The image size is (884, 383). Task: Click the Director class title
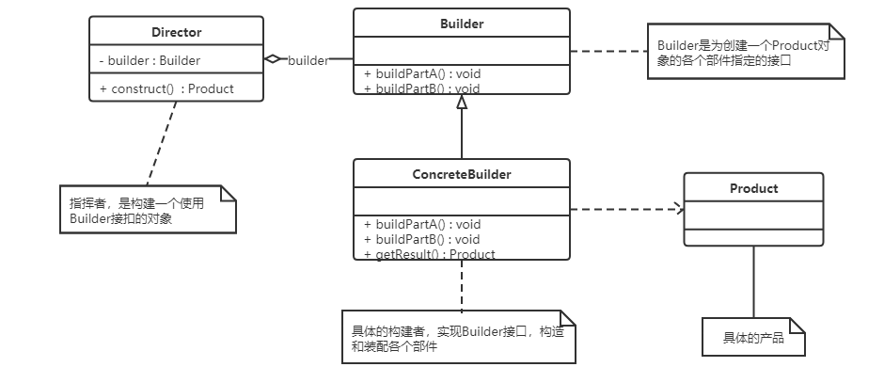176,32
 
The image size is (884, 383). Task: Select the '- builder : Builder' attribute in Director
150,61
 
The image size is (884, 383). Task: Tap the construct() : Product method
166,89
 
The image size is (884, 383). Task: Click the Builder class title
461,24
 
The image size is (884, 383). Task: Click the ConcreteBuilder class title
461,174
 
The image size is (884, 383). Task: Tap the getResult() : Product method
429,253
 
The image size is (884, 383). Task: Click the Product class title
753,188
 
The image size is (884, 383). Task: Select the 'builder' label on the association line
308,60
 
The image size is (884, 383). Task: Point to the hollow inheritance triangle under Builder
462,104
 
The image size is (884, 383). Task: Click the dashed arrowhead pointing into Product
677,209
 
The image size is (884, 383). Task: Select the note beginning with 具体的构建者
455,337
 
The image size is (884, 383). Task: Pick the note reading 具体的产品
752,338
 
